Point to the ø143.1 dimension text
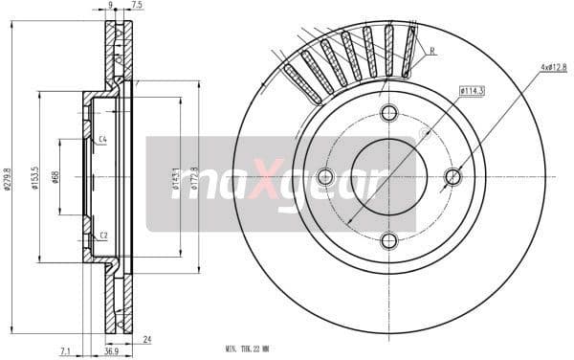click(177, 179)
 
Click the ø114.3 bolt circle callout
click(470, 91)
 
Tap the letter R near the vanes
click(432, 51)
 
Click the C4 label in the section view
click(102, 140)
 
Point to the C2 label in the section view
click(102, 235)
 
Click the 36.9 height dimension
click(113, 351)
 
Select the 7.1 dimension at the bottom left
click(64, 351)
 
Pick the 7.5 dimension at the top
click(138, 6)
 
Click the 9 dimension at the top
click(111, 6)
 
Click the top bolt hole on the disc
click(388, 113)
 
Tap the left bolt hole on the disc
click(325, 176)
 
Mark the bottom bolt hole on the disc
click(388, 239)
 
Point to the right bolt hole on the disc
click(452, 176)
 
